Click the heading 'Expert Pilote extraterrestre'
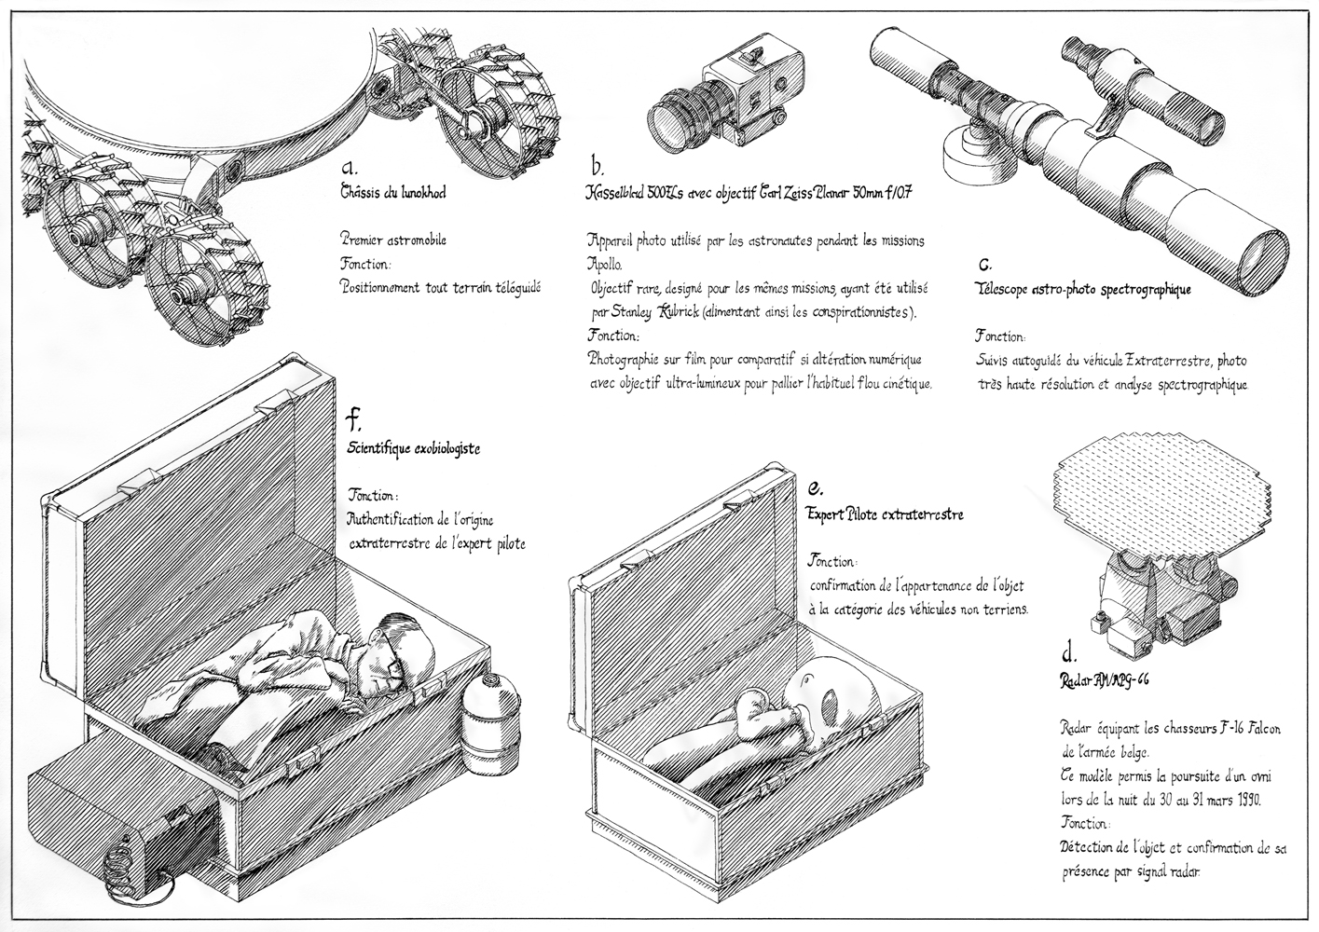(x=884, y=514)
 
